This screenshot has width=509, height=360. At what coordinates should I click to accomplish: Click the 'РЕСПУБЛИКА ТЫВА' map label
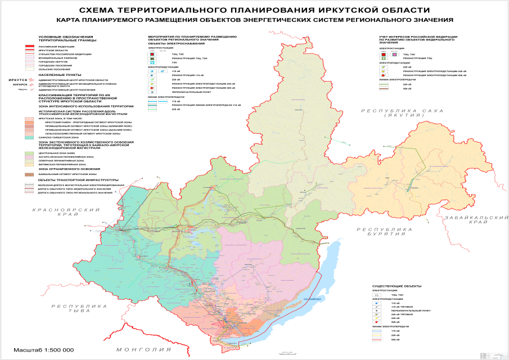(x=78, y=308)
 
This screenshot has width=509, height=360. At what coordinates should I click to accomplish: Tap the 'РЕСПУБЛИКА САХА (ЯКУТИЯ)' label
(x=395, y=112)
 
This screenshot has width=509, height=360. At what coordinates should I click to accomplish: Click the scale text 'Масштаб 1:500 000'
(x=44, y=349)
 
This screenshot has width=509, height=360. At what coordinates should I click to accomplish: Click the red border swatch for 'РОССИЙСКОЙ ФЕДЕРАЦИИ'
(x=30, y=46)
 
